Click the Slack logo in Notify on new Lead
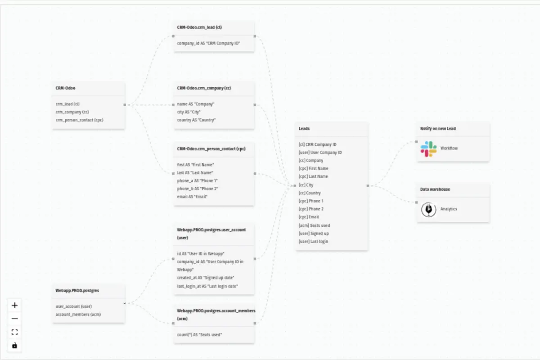click(428, 149)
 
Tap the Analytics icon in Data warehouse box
click(428, 209)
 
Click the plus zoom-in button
click(14, 305)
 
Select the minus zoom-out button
click(14, 319)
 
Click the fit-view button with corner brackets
click(14, 332)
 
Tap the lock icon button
click(14, 345)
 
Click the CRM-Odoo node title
click(65, 88)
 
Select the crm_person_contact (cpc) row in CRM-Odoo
click(79, 120)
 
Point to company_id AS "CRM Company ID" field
click(208, 43)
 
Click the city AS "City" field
click(189, 112)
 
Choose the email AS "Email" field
click(192, 197)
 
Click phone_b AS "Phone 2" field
click(198, 189)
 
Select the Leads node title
click(304, 129)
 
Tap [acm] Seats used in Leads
click(314, 225)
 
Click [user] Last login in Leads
click(313, 241)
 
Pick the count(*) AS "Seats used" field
click(199, 334)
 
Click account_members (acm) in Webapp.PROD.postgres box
click(78, 314)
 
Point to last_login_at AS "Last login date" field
click(207, 286)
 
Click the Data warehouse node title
click(435, 189)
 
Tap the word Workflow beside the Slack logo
click(449, 148)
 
